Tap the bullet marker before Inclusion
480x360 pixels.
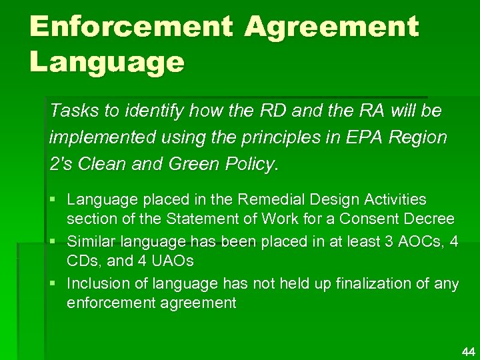[53, 283]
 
